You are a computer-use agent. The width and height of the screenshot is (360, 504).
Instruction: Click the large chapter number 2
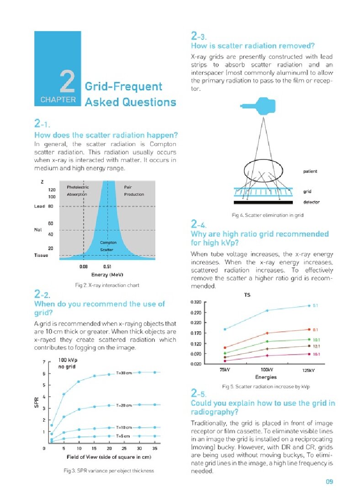67,82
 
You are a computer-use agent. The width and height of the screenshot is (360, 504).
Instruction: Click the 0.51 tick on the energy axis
107,265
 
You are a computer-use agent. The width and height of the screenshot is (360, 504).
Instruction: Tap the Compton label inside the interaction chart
108,242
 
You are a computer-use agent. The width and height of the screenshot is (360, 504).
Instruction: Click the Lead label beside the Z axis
40,207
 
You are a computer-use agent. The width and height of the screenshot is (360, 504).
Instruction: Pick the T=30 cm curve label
124,373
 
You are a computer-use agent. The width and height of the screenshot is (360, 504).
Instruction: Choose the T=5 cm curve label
123,436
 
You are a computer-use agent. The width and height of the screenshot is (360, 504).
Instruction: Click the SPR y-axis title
37,403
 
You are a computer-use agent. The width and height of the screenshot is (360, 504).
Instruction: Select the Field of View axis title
109,457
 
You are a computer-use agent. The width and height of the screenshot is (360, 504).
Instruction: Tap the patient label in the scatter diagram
310,171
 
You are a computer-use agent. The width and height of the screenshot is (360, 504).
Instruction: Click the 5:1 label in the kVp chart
316,306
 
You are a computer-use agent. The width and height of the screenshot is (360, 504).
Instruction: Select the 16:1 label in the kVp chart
316,354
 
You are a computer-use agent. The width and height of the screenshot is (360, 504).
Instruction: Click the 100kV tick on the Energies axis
267,369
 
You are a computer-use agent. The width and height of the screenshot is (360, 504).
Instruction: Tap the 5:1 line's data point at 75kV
224,329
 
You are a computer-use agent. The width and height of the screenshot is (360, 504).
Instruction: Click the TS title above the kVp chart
247,295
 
